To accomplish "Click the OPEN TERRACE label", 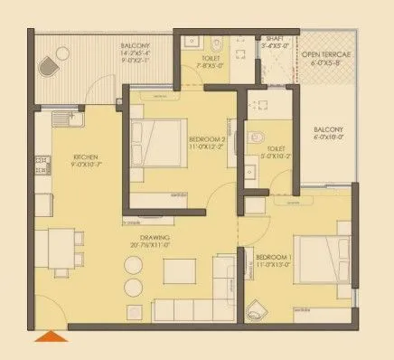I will [324, 55].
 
